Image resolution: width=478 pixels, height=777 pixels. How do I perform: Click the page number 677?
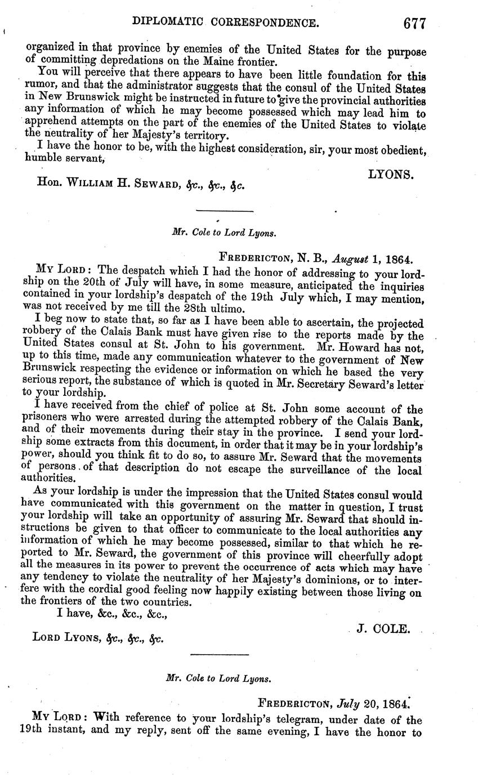(x=414, y=23)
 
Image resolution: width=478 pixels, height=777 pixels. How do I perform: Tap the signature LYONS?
(x=391, y=175)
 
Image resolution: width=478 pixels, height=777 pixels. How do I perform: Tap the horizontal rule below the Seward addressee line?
(x=224, y=211)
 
